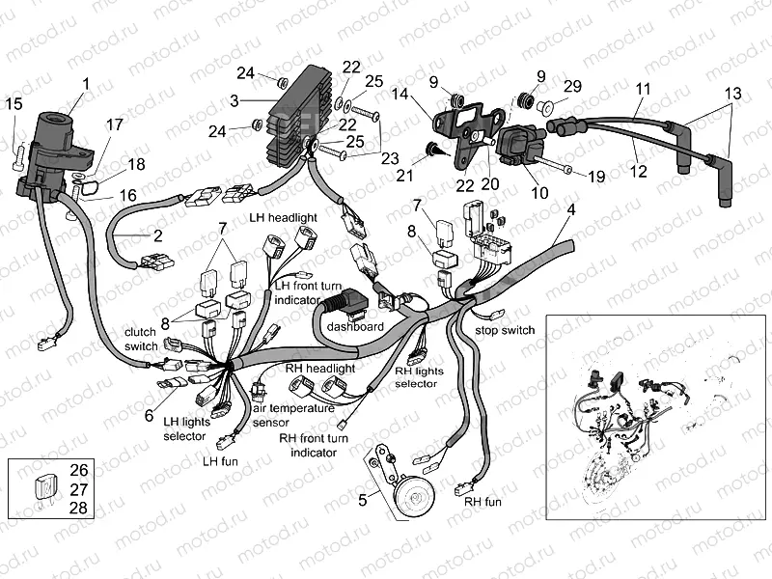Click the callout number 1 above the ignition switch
tap(86, 84)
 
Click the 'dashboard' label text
tap(355, 327)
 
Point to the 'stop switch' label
tap(505, 331)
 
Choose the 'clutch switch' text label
tap(141, 339)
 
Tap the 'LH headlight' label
tap(281, 218)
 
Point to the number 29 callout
tap(573, 87)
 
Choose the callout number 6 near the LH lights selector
tap(149, 416)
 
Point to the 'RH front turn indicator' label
tap(313, 444)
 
